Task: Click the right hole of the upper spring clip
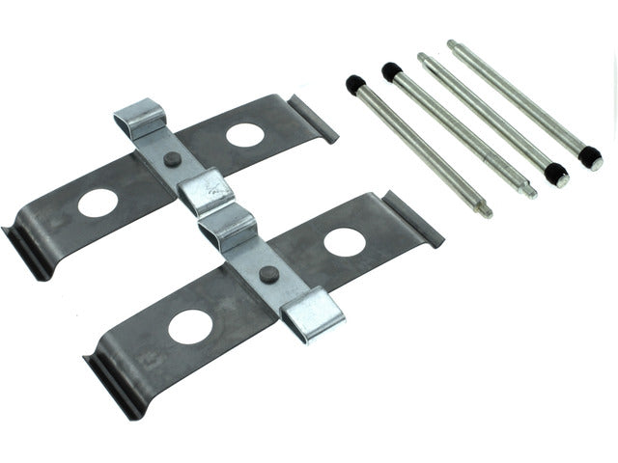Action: (x=244, y=135)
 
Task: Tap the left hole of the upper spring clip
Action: (x=98, y=203)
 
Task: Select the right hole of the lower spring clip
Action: (x=345, y=242)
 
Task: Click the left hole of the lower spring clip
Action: (x=189, y=327)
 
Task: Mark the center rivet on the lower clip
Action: (x=269, y=274)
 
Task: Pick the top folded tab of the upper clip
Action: (x=141, y=118)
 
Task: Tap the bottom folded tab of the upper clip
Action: (x=207, y=192)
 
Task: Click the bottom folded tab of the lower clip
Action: (x=313, y=313)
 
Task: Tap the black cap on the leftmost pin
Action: (x=355, y=85)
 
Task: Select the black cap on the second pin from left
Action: (x=391, y=71)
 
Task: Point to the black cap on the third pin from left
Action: (x=554, y=175)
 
